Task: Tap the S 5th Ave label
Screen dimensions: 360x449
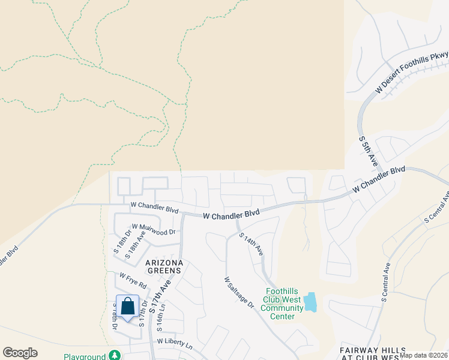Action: click(368, 151)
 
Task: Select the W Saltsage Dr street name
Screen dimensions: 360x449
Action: click(239, 293)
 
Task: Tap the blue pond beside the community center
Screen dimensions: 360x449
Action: click(310, 302)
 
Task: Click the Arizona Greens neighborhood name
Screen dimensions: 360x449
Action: click(163, 266)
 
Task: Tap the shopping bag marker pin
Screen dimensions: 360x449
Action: click(127, 307)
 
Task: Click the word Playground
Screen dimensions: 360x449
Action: click(85, 356)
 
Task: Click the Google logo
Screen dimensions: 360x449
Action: click(20, 353)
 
